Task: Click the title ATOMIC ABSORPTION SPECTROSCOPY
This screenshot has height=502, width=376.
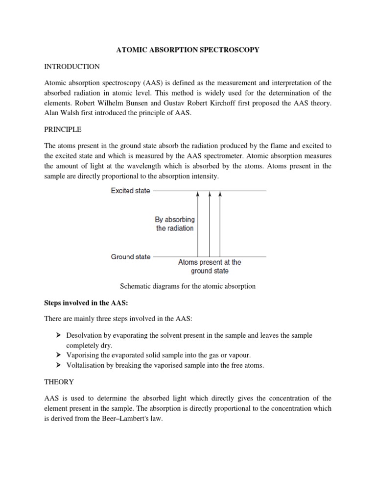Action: (188, 50)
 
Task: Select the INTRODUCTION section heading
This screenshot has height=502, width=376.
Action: (71, 66)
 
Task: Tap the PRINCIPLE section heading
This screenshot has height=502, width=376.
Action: (63, 130)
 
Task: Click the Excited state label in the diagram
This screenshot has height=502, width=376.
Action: (130, 191)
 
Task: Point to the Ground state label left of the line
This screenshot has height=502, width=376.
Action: (131, 256)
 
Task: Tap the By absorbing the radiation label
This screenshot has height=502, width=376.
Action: (175, 224)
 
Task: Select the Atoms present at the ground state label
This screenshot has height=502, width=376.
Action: (209, 266)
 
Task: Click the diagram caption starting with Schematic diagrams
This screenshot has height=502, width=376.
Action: (188, 286)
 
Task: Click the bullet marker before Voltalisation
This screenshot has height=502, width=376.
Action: (58, 365)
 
